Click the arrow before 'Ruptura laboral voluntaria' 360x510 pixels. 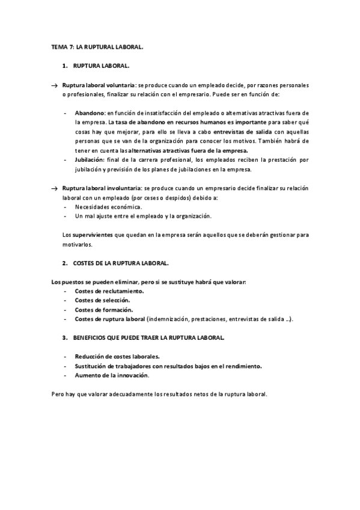point(55,86)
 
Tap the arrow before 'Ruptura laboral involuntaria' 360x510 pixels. point(55,188)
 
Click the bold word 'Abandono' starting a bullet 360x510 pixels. point(90,112)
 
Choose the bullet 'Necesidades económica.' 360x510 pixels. point(108,206)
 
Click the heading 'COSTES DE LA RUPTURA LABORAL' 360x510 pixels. point(121,263)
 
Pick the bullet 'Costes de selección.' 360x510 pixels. point(103,300)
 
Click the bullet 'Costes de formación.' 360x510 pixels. point(103,309)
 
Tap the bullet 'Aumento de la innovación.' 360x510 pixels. point(112,375)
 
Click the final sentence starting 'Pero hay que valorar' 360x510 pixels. point(159,395)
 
